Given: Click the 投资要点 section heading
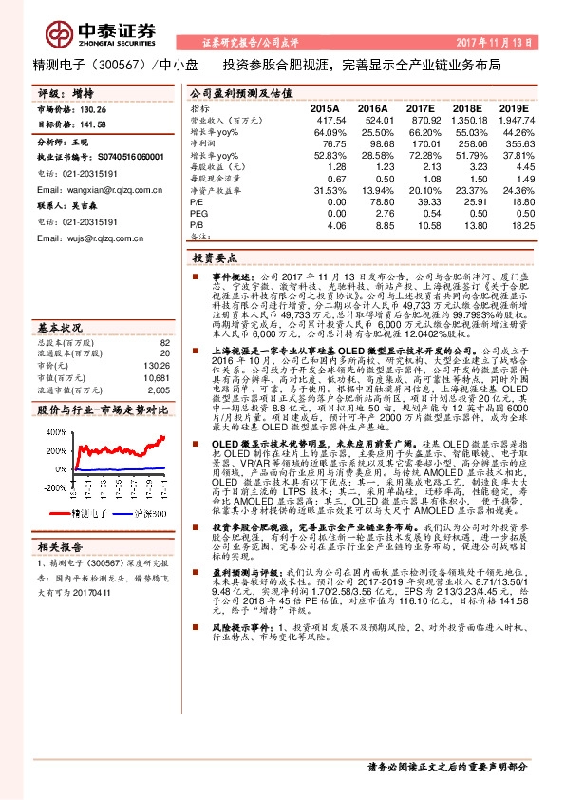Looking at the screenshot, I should tap(214, 257).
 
